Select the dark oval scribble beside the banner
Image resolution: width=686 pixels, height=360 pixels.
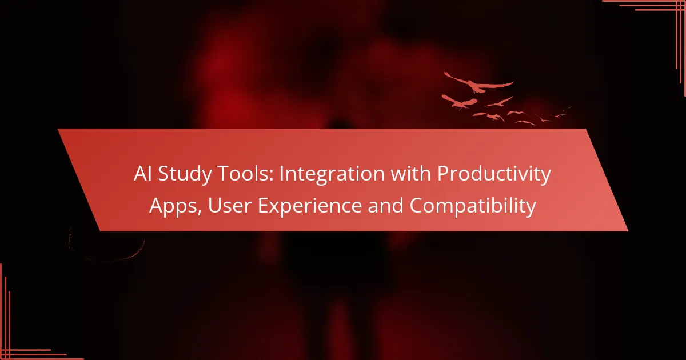[106, 243]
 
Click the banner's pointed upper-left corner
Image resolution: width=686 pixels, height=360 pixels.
[58, 129]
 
